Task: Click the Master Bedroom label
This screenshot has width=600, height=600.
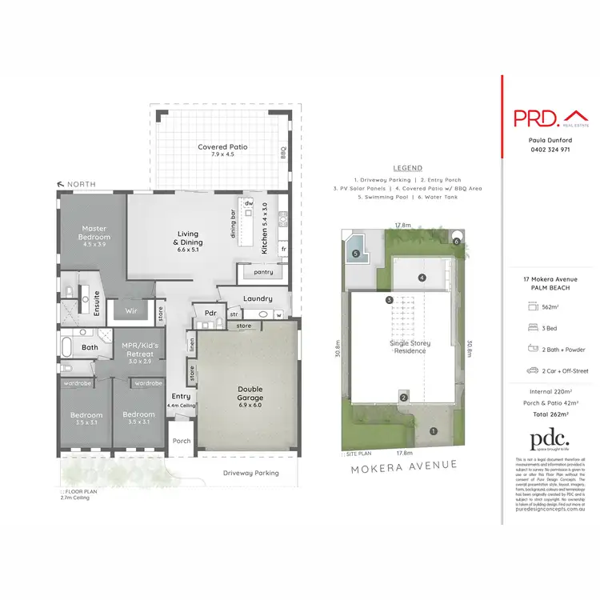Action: [94, 233]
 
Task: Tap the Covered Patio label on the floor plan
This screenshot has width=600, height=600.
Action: [222, 147]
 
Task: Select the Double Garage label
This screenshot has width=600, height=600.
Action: [250, 393]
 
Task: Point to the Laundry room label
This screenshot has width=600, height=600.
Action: [258, 298]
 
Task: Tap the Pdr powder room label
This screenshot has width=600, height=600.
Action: [211, 312]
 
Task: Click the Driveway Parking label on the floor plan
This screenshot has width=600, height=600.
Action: [251, 473]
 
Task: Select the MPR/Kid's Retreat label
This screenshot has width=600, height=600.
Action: [138, 346]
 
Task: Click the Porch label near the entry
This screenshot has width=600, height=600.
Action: [181, 440]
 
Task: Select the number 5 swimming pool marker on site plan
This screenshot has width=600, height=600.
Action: [354, 254]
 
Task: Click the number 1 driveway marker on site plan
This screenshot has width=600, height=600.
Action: [434, 431]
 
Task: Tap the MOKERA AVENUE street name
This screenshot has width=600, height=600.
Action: [403, 464]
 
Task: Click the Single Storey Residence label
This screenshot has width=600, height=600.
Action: [410, 346]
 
